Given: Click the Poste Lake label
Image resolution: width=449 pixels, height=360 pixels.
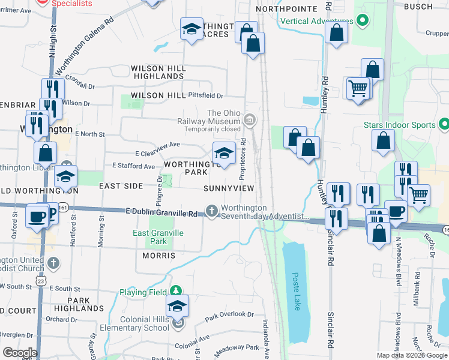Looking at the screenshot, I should pos(296,292).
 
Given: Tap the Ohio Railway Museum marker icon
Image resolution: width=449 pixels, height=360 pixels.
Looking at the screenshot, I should pos(250,122).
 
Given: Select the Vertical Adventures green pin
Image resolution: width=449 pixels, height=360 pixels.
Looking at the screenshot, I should pos(361,21).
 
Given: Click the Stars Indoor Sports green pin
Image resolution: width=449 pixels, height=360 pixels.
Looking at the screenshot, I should pos(444,125).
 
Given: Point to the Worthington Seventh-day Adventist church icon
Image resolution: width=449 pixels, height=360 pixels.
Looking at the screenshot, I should pos(211,211).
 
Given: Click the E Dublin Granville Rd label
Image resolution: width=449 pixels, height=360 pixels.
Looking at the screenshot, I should pos(162,214).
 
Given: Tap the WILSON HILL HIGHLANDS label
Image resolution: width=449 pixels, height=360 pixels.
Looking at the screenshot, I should pos(158,73).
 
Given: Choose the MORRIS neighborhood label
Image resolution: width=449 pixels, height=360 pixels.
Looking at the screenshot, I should pos(158,256).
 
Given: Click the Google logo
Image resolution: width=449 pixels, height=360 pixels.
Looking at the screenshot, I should pos(20,353).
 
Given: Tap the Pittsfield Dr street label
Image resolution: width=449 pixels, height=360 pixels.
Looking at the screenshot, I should pos(205,95).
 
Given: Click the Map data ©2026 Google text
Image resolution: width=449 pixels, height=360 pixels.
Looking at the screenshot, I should pos(411,355).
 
